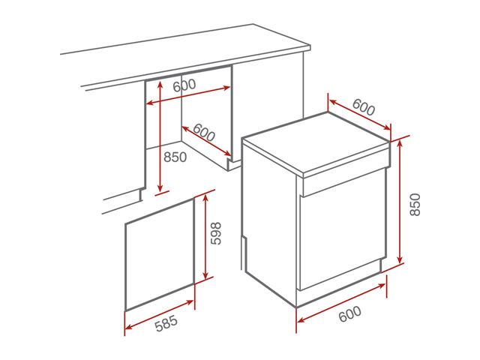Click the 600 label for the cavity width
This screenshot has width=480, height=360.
tap(184, 85)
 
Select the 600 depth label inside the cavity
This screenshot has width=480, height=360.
tap(204, 132)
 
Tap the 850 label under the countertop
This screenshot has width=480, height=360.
tap(175, 157)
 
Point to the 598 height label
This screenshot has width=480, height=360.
tap(216, 233)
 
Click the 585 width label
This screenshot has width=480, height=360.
tap(166, 323)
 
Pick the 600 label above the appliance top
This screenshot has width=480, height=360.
tap(364, 106)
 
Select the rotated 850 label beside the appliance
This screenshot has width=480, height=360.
tap(415, 205)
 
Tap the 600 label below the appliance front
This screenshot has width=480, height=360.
tap(350, 313)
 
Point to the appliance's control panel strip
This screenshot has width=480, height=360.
tap(345, 181)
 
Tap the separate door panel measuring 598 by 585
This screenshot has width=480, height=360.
tap(160, 255)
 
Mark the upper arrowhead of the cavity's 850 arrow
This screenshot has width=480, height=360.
tap(160, 84)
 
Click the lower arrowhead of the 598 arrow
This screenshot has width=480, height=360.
tap(205, 275)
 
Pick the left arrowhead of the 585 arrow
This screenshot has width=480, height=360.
tap(128, 327)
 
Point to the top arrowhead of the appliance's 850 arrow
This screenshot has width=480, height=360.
tap(399, 144)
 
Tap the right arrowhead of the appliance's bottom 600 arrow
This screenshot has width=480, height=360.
tap(382, 286)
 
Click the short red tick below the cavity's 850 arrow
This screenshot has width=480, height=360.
tap(162, 193)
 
